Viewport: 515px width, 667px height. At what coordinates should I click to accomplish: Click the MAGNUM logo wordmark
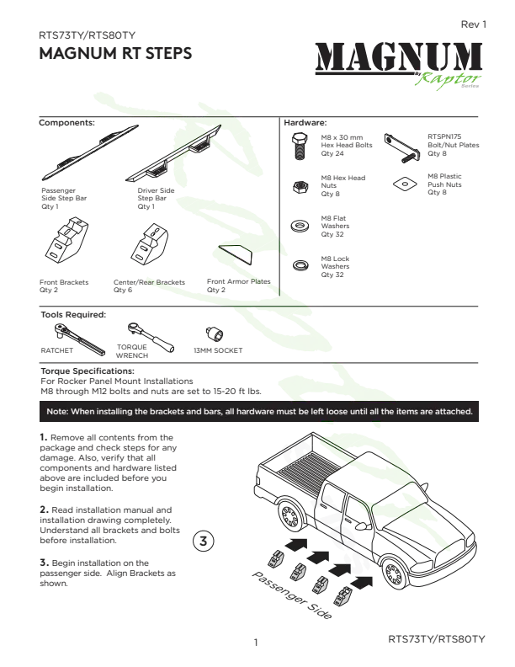(x=399, y=57)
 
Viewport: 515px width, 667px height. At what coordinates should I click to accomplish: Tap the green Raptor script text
(x=448, y=80)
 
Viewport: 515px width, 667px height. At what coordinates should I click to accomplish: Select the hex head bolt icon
(x=300, y=146)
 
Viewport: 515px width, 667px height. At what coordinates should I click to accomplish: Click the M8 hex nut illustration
(x=300, y=187)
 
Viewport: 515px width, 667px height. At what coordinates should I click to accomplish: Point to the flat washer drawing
(x=300, y=225)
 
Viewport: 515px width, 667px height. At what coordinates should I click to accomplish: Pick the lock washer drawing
(x=300, y=265)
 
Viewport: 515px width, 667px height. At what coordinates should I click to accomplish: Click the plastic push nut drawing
(x=405, y=184)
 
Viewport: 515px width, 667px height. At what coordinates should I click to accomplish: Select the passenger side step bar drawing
(x=90, y=152)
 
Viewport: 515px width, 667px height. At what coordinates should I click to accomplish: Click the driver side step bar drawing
(x=174, y=153)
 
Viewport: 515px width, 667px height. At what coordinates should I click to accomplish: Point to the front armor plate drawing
(x=236, y=254)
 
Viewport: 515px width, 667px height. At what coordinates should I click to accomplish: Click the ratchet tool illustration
(x=79, y=339)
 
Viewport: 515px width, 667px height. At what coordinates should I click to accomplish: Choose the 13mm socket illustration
(x=215, y=333)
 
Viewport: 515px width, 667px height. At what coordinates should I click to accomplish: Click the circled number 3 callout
(x=204, y=541)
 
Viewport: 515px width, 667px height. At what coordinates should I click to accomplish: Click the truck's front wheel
(x=394, y=574)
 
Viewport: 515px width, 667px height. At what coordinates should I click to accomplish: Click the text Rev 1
(x=474, y=24)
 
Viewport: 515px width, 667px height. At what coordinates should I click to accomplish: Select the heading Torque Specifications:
(x=88, y=371)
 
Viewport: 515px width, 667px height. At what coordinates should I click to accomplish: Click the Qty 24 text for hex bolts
(x=332, y=153)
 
